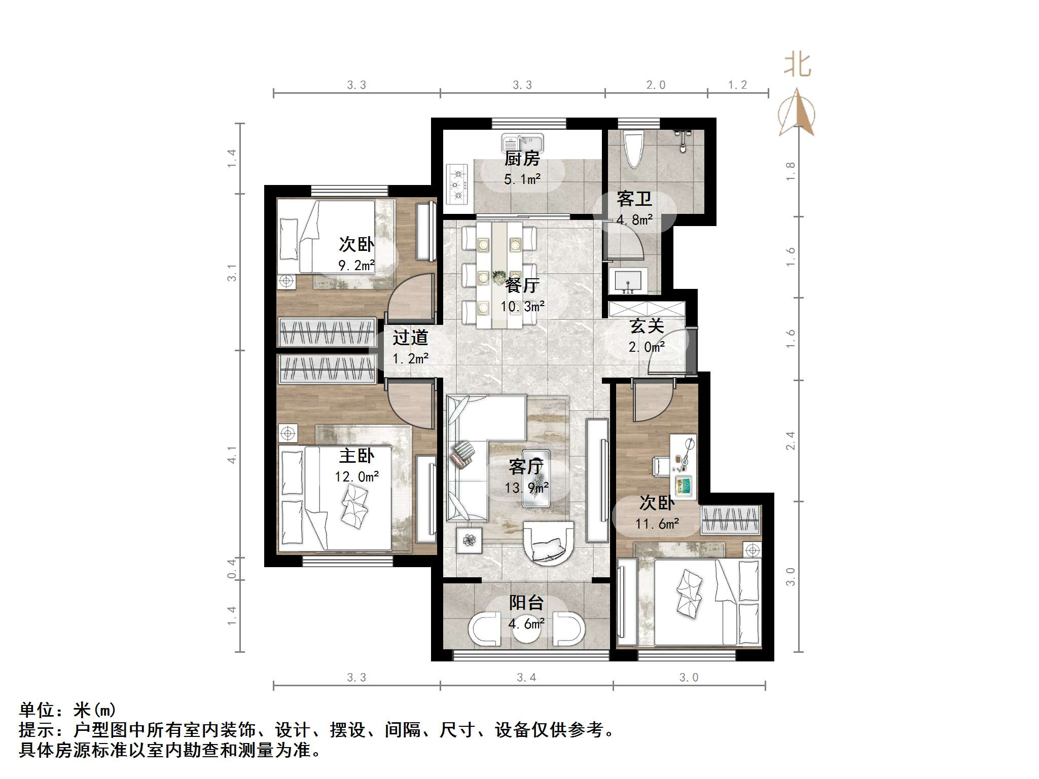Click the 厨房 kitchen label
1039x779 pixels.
point(522,159)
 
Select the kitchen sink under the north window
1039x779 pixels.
point(522,142)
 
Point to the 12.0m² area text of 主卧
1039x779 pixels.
point(357,477)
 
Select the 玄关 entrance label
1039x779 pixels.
point(647,326)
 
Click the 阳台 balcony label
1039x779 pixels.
point(526,603)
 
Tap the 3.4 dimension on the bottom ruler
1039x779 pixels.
point(526,678)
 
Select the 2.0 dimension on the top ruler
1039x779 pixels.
point(656,85)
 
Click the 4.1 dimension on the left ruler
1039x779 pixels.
point(232,455)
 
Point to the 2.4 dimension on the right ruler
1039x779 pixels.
point(790,440)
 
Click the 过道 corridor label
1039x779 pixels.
point(410,338)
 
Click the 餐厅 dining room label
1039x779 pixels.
point(522,285)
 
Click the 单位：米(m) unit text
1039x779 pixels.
point(67,710)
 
